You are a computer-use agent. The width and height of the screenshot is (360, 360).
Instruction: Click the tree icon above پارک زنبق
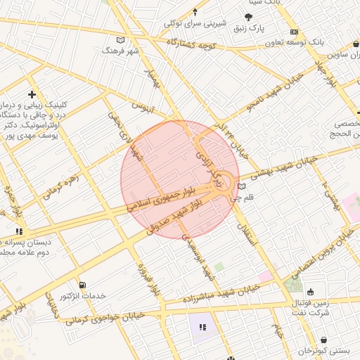coord(248,18)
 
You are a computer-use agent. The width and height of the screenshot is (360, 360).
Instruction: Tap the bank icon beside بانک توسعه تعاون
coord(295,32)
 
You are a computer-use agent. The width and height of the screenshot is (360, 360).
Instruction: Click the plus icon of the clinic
coord(31,94)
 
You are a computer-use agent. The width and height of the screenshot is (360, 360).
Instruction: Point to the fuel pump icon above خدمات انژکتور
coord(84,285)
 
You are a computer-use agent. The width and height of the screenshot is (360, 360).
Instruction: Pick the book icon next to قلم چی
coord(242,187)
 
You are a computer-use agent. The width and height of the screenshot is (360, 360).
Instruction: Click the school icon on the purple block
coord(202,326)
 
